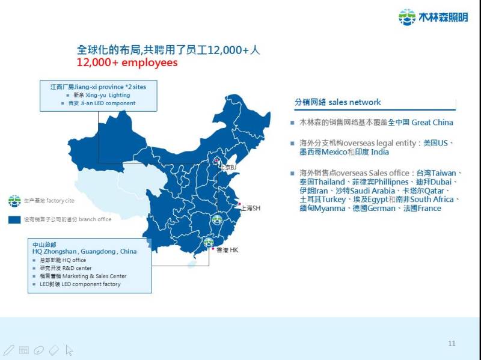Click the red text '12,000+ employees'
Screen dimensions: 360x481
click(127, 62)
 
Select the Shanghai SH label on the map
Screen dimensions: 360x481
click(250, 208)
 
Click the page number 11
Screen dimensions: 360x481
click(452, 343)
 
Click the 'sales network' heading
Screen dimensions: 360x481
click(337, 102)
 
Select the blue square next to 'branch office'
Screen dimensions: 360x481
click(14, 219)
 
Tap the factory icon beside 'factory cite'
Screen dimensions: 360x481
click(14, 201)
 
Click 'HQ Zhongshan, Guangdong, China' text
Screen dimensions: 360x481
click(84, 251)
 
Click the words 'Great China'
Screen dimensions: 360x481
click(432, 122)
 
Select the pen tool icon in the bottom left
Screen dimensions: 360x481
click(8, 349)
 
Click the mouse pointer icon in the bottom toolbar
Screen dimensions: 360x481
click(69, 349)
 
